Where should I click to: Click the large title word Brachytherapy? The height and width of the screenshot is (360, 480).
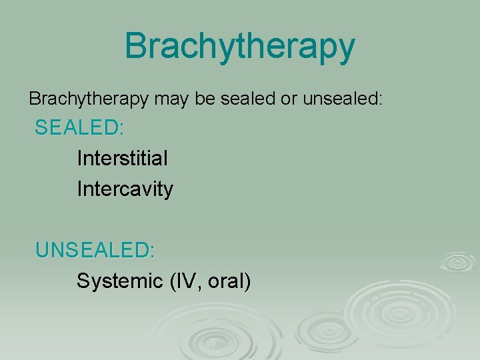(239, 47)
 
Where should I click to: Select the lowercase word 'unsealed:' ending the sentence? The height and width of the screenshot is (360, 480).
(343, 99)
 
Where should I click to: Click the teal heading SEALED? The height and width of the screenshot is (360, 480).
(79, 127)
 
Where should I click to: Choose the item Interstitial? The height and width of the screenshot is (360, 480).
(122, 158)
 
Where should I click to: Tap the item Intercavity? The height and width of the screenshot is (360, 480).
(125, 189)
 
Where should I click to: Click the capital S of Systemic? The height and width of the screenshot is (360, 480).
(83, 281)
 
